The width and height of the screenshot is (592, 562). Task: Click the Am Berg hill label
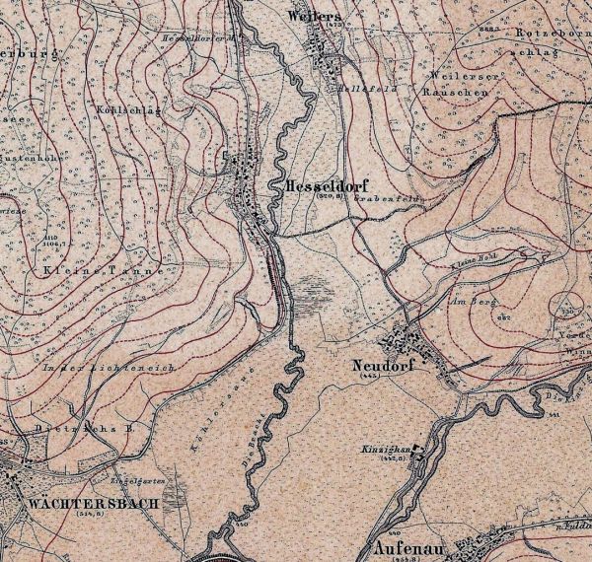click(x=470, y=300)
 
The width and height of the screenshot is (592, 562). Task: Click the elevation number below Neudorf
click(x=371, y=376)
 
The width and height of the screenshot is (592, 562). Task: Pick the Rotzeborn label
click(x=556, y=33)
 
